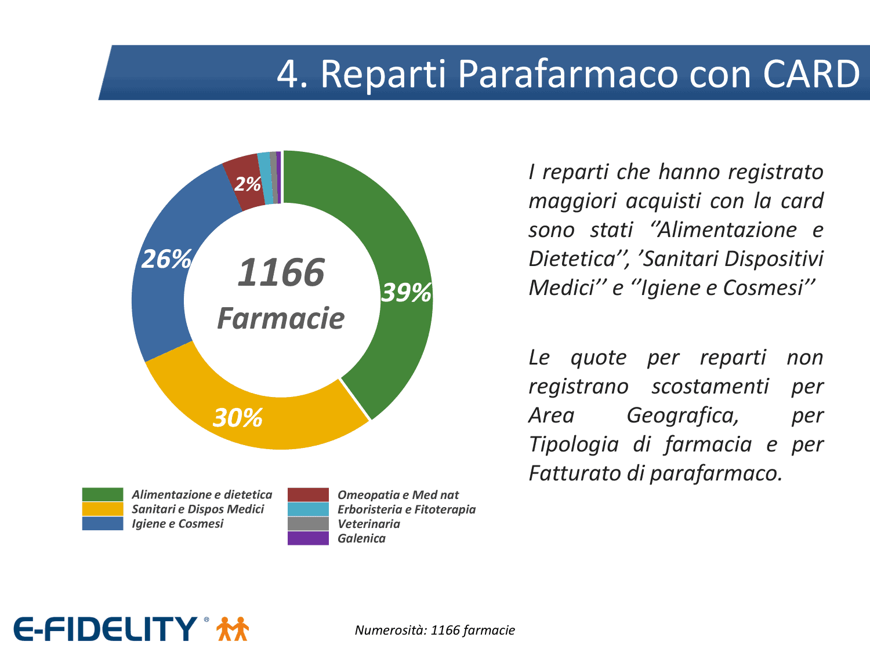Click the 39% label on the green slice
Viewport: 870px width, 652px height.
click(406, 293)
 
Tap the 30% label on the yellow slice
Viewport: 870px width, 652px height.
click(237, 418)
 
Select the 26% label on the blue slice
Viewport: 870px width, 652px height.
click(166, 259)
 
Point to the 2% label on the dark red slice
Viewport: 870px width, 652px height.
click(248, 184)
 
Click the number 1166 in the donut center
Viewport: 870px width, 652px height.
click(281, 272)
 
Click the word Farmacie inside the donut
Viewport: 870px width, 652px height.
click(281, 318)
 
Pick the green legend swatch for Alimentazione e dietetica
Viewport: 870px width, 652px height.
click(103, 494)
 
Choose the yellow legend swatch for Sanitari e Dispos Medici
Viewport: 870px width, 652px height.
click(103, 509)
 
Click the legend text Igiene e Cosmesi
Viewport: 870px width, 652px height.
click(177, 524)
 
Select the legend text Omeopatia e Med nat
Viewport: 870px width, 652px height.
click(398, 495)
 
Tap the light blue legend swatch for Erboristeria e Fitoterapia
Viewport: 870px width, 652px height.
click(308, 509)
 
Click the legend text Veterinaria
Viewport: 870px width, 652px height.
click(369, 524)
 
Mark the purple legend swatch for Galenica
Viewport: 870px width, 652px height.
click(308, 538)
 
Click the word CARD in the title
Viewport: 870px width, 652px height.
click(811, 74)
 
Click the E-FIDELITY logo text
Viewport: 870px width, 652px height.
click(105, 629)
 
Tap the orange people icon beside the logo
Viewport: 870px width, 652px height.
click(233, 629)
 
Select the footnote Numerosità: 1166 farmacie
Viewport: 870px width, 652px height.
click(435, 630)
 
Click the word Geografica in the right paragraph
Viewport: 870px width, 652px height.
click(683, 416)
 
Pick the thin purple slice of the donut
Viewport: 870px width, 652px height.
click(278, 177)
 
